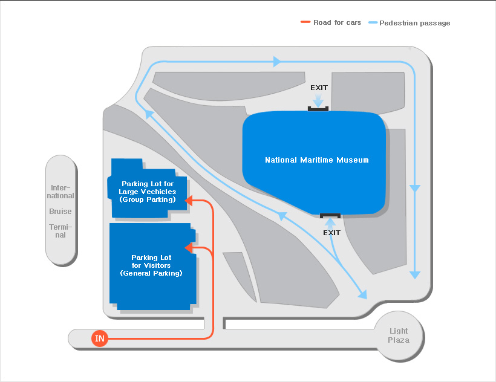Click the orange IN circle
100,338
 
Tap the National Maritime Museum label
316,160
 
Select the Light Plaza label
399,335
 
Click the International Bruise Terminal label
60,211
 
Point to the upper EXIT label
319,88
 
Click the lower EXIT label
331,233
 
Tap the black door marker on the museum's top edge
318,109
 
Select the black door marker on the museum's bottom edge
330,216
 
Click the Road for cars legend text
337,22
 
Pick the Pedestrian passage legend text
415,23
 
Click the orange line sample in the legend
305,22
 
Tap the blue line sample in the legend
373,22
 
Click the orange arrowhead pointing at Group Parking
189,200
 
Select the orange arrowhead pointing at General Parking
189,248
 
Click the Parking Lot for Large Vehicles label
148,192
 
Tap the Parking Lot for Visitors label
151,265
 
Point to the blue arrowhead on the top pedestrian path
277,62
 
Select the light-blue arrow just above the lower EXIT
330,222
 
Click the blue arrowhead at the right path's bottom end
415,274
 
